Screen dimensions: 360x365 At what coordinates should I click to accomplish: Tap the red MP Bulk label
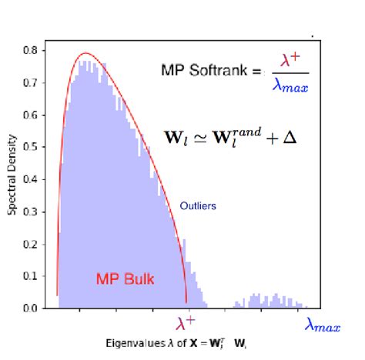[125, 279]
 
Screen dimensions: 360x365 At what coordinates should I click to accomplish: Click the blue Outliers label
[198, 206]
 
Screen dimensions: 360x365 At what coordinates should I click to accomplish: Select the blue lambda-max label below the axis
[322, 326]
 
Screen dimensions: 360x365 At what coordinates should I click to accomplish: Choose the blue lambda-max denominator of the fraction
[290, 86]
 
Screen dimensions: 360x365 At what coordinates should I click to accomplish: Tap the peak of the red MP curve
[85, 53]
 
